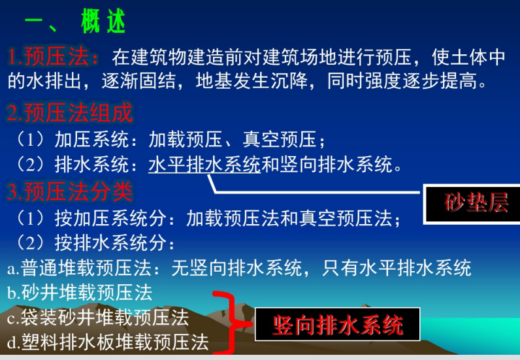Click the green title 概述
coord(103,21)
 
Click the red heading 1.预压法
coord(53,56)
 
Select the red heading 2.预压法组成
coord(70,113)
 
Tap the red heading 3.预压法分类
coord(70,191)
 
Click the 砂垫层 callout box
coord(472,204)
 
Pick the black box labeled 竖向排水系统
coord(337,325)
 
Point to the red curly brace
coord(232,323)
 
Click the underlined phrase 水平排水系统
coord(204,164)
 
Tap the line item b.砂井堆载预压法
coord(80,293)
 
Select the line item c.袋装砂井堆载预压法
coord(98,318)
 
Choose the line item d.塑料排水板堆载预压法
coord(108,342)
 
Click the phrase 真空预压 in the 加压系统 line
coord(280,139)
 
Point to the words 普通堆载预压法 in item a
coord(86,268)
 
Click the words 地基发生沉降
coord(252,80)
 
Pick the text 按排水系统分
coord(110,243)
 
